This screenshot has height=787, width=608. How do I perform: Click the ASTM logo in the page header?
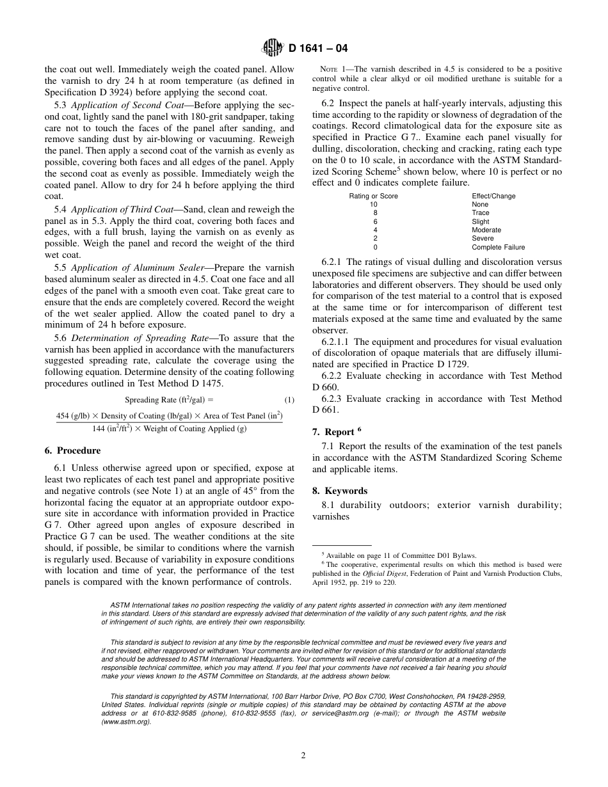pyautogui.click(x=271, y=49)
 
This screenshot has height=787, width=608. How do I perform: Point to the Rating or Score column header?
pyautogui.click(x=373, y=196)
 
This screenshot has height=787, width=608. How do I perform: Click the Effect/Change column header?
pyautogui.click(x=493, y=196)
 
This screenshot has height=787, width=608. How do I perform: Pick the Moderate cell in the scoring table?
pyautogui.click(x=486, y=230)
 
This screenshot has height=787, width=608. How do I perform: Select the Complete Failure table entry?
pyautogui.click(x=498, y=247)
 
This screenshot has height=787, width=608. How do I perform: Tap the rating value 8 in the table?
pyautogui.click(x=375, y=213)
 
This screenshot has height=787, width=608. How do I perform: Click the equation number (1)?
pyautogui.click(x=289, y=400)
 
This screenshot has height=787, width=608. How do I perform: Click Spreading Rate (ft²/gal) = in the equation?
pyautogui.click(x=170, y=400)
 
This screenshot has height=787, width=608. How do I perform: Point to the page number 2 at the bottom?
pyautogui.click(x=303, y=755)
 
